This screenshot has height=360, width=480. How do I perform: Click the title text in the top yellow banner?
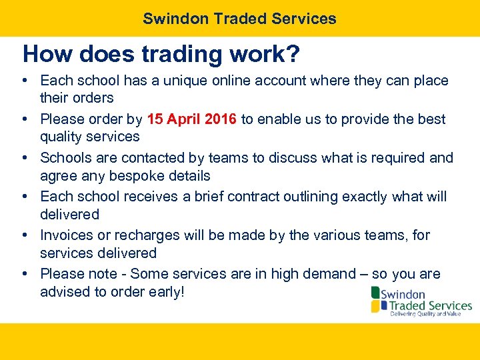click(x=239, y=19)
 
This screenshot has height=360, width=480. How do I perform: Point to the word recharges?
click(x=147, y=235)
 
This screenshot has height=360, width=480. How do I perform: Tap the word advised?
click(x=64, y=292)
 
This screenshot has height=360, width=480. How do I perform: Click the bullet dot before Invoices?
click(x=24, y=235)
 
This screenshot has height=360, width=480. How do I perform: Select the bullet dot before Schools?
click(x=24, y=158)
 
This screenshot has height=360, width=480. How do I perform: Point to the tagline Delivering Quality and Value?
click(x=425, y=313)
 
